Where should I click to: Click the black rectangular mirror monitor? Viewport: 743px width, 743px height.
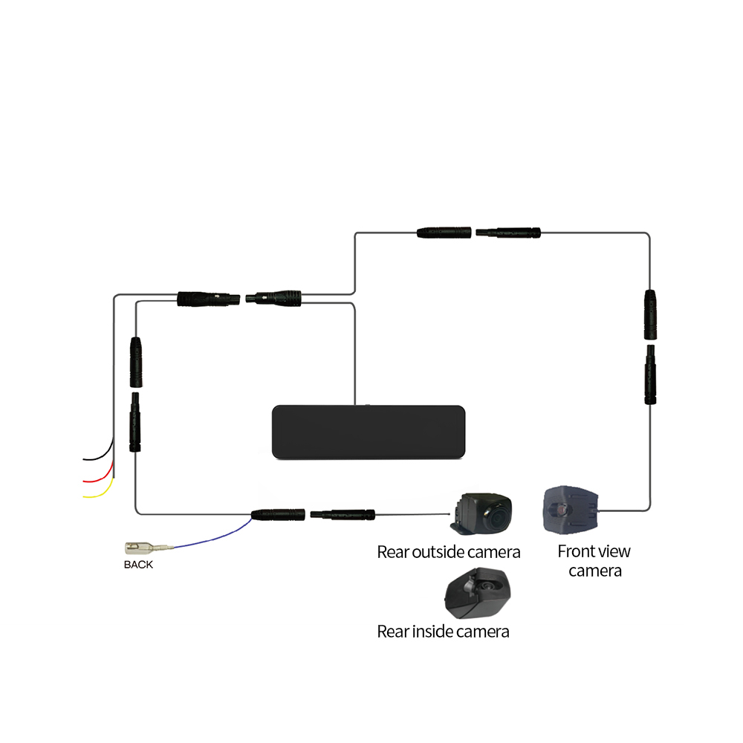point(369,432)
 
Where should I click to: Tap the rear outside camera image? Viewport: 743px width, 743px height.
point(481,513)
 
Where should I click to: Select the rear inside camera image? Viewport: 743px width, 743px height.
point(477,593)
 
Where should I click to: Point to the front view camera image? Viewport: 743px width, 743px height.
point(571,510)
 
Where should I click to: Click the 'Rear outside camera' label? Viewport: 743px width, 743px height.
point(448,552)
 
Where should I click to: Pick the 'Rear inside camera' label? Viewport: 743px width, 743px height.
point(443,632)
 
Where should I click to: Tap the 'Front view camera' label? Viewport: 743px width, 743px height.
point(594,561)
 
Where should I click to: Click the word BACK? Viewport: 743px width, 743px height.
point(138,565)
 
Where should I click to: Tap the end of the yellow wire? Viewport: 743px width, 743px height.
point(83,497)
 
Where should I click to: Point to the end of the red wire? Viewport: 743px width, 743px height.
point(83,481)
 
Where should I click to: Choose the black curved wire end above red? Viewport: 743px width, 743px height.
point(83,460)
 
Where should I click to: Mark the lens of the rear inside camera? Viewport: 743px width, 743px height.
point(487,586)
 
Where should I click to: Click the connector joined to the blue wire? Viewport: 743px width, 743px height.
point(278,515)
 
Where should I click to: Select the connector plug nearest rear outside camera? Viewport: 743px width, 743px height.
point(343,515)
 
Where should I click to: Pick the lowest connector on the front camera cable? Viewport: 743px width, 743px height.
point(650,374)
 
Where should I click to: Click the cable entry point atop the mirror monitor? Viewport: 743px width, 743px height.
point(355,405)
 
